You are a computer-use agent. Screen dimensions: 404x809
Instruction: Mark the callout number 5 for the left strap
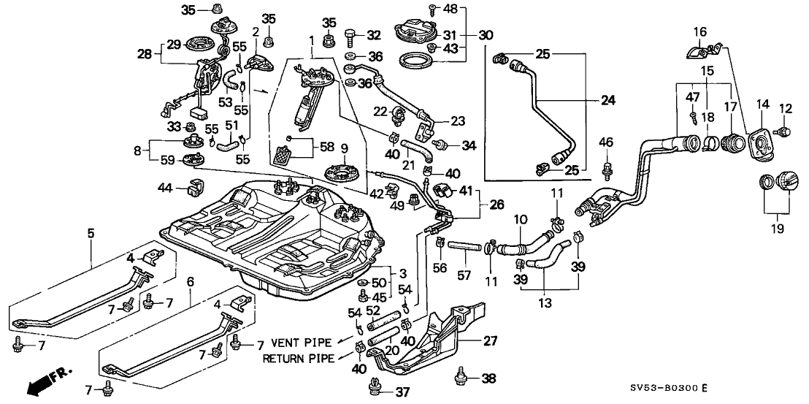[x=91, y=234]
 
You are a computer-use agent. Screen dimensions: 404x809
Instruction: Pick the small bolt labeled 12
[x=785, y=131]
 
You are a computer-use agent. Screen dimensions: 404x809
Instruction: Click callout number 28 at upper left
[x=145, y=53]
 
